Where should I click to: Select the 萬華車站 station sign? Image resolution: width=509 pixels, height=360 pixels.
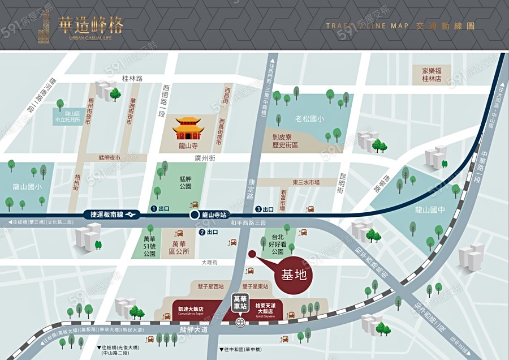(x=241, y=301)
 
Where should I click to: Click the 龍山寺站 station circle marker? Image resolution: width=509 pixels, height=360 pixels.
(x=194, y=215)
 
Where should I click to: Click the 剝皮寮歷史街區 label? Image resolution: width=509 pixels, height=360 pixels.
(x=286, y=141)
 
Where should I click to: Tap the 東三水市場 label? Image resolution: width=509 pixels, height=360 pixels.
(x=306, y=182)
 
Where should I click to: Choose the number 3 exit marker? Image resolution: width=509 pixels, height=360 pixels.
(x=258, y=209)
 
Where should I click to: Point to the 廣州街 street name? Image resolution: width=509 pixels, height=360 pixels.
(x=205, y=158)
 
